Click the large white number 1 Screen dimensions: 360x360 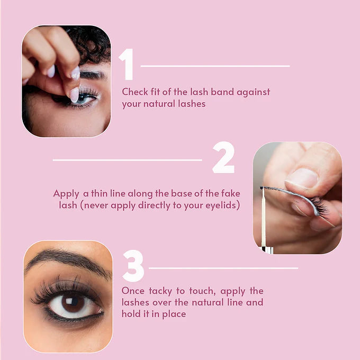click(127, 64)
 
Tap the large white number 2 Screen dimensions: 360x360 click(223, 158)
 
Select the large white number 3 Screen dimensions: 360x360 click(133, 266)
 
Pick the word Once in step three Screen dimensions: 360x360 click(133, 291)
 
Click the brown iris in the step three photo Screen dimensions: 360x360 click(70, 303)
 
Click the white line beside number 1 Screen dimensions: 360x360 click(215, 66)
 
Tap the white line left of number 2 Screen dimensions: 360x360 click(127, 160)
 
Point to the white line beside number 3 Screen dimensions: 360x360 click(223, 268)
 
